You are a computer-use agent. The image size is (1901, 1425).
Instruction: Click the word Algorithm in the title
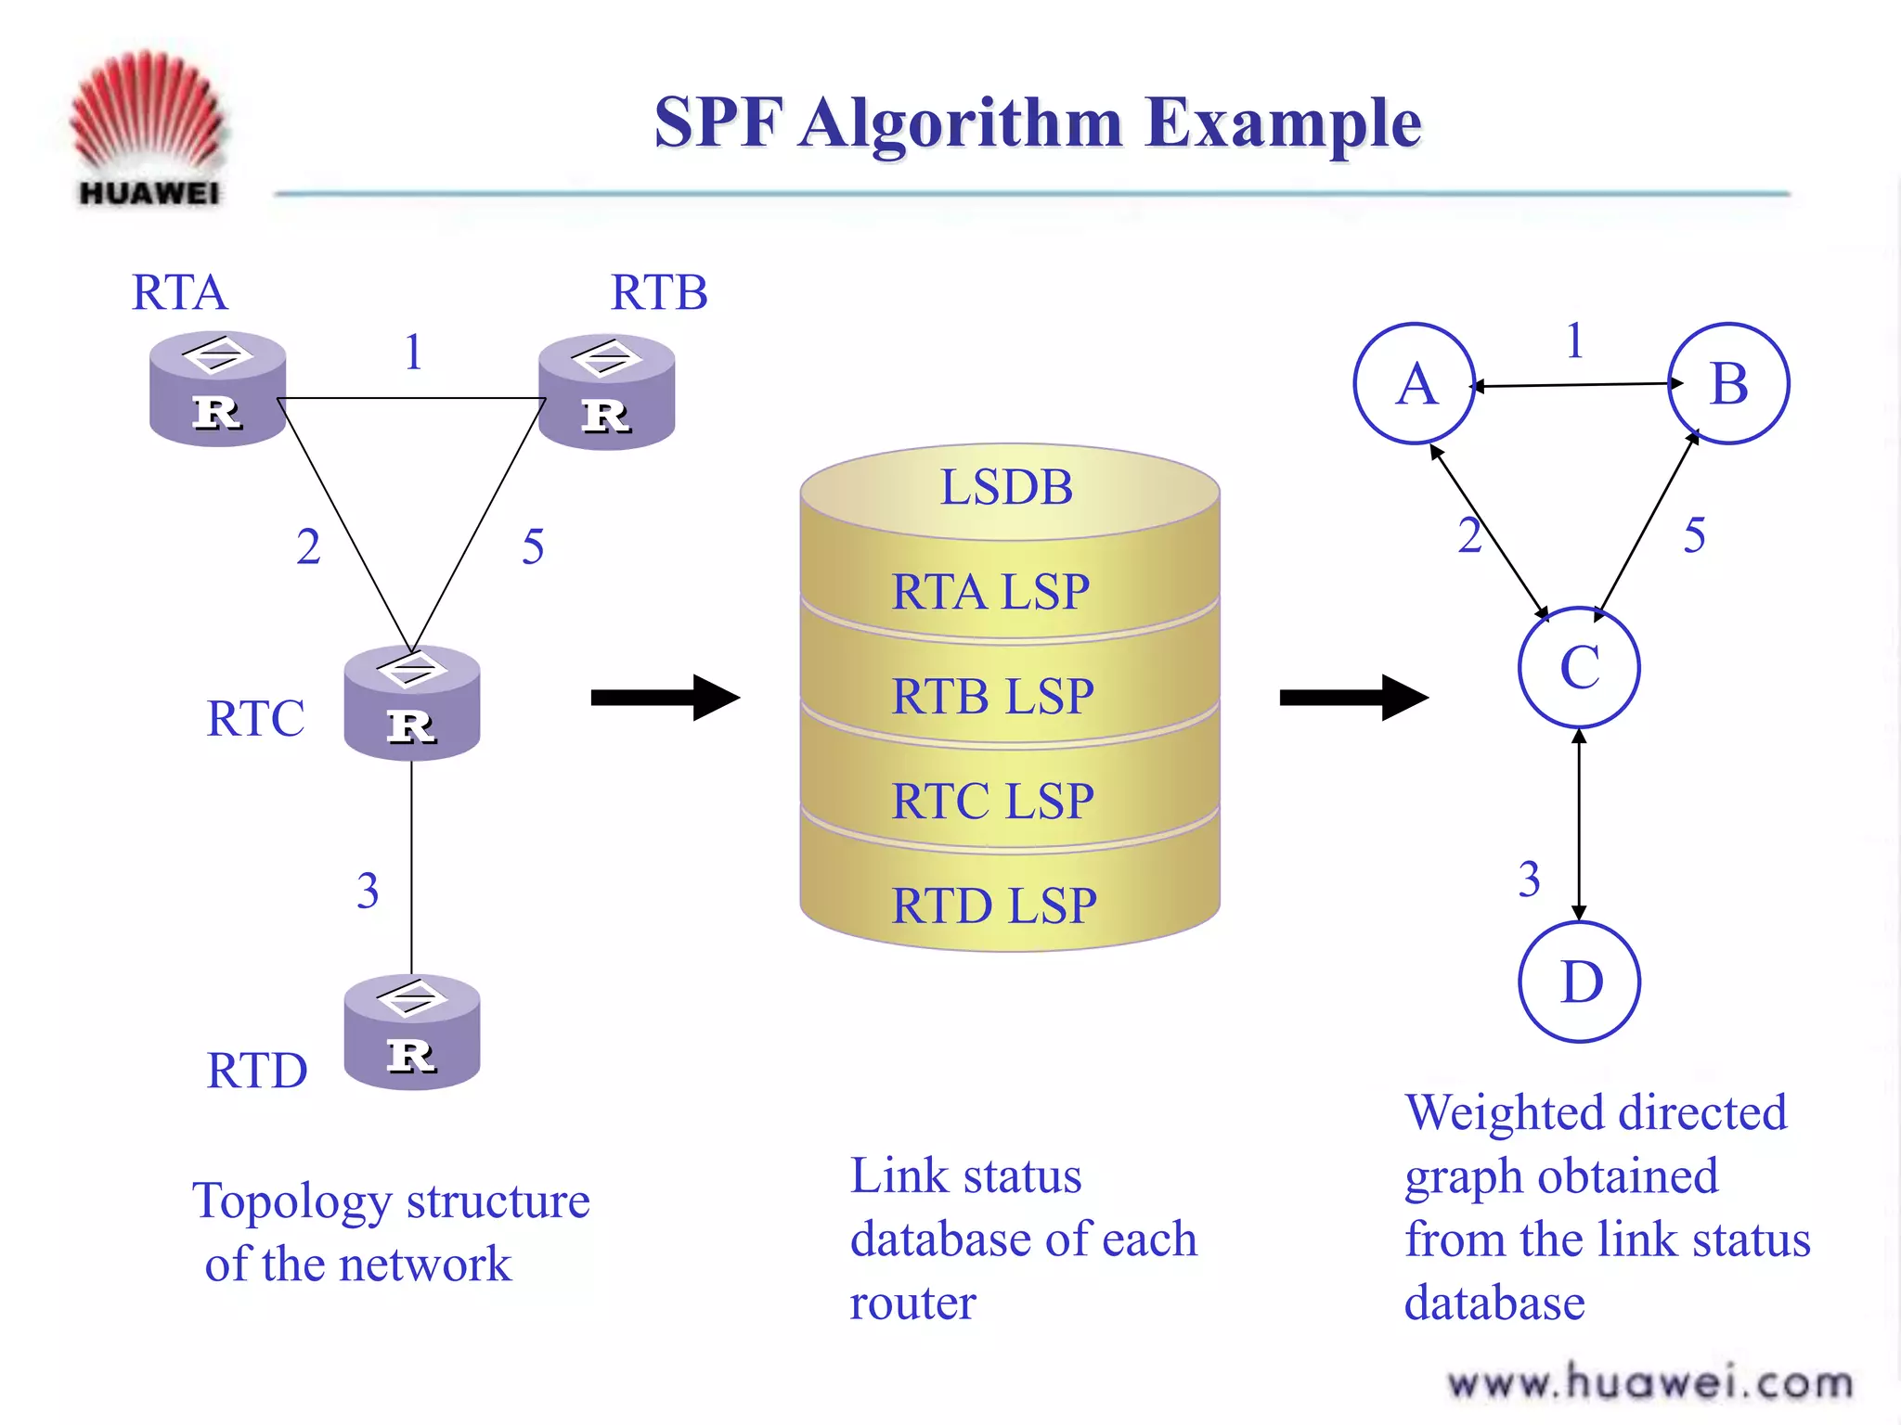(x=961, y=123)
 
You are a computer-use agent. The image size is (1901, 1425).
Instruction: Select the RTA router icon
(x=217, y=390)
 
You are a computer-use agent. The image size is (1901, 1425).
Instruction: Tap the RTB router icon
(x=606, y=392)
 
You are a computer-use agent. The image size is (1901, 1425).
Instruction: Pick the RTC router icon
(x=411, y=703)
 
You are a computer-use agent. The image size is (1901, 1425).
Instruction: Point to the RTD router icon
(x=411, y=1032)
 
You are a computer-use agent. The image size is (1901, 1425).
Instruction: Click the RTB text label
(x=659, y=293)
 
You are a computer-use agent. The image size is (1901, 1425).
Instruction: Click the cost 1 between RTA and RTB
(x=414, y=353)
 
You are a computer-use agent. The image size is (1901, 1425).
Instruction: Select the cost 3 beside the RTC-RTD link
(x=368, y=891)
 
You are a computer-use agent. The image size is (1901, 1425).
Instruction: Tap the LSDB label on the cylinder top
(x=1007, y=488)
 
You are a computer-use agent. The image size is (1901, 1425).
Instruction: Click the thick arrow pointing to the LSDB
(x=665, y=698)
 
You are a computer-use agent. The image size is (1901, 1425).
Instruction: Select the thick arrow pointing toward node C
(x=1353, y=698)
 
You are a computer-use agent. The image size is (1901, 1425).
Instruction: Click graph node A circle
(x=1415, y=384)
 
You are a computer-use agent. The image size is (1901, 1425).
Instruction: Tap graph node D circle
(x=1580, y=982)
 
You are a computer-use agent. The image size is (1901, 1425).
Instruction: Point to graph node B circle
(x=1728, y=383)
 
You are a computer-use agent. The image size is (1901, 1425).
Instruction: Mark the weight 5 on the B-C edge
(x=1694, y=536)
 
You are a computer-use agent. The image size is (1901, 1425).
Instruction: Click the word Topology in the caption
(x=292, y=1202)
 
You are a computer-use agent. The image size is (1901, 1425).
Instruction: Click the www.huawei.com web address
(x=1649, y=1382)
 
